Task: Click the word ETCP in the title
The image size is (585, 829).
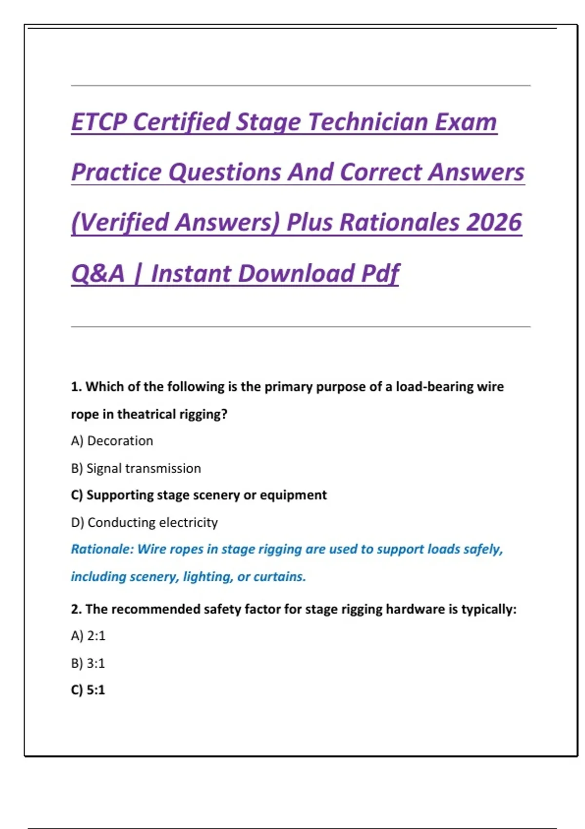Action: click(99, 122)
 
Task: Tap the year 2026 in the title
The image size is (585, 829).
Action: click(494, 222)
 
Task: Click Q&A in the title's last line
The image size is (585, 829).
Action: click(98, 273)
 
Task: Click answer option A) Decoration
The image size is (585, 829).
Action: click(112, 441)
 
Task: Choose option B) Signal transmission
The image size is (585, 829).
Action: click(136, 468)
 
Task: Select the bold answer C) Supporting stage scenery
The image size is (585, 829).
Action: click(199, 495)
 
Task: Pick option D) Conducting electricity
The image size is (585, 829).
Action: click(144, 522)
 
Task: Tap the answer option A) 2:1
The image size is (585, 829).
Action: click(88, 636)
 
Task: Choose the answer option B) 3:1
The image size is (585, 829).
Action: click(88, 663)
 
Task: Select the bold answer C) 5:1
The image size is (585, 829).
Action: click(88, 690)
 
